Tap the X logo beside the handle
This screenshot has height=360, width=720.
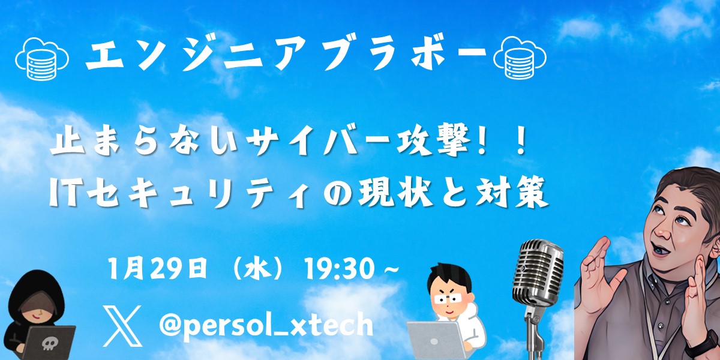click(122, 326)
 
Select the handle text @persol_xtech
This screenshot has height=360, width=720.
click(266, 326)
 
